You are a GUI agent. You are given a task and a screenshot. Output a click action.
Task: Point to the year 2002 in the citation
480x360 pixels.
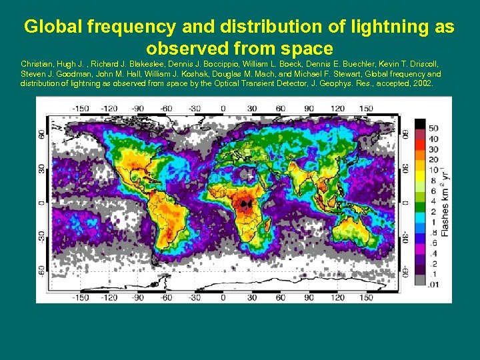point(421,84)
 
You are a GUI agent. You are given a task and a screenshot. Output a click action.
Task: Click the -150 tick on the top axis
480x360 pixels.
point(81,108)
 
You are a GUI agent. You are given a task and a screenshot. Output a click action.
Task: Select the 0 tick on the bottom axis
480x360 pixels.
point(222,297)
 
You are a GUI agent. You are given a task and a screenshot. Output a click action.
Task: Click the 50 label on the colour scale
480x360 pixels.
point(433,127)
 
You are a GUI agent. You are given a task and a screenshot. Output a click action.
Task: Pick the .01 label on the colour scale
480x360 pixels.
point(433,285)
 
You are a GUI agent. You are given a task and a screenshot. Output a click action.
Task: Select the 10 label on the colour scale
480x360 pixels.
point(433,170)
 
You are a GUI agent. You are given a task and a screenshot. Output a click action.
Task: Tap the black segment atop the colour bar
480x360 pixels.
point(421,124)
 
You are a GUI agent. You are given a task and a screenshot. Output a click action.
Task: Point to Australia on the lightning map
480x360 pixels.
point(347,233)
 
